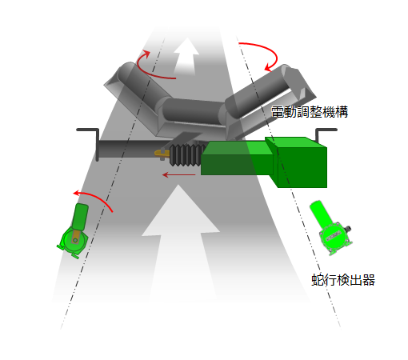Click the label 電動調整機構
pyautogui.click(x=310, y=112)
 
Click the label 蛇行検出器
pyautogui.click(x=343, y=280)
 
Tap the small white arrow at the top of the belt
pyautogui.click(x=186, y=55)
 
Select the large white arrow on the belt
pyautogui.click(x=181, y=240)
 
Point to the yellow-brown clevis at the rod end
pyautogui.click(x=162, y=154)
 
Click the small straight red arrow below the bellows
pyautogui.click(x=179, y=175)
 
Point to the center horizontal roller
pyautogui.click(x=193, y=111)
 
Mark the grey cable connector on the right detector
pyautogui.click(x=347, y=229)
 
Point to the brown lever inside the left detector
pyautogui.click(x=76, y=237)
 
